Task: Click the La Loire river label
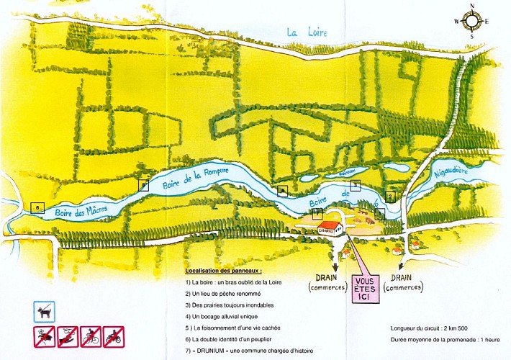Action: coord(302,32)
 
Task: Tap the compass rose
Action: coord(471,21)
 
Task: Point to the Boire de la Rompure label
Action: coord(196,176)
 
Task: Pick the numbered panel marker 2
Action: coord(390,195)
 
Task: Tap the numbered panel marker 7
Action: coord(317,212)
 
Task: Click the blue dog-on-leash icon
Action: coord(45,312)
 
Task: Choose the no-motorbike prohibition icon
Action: coord(113,336)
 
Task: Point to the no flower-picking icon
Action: coord(45,336)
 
